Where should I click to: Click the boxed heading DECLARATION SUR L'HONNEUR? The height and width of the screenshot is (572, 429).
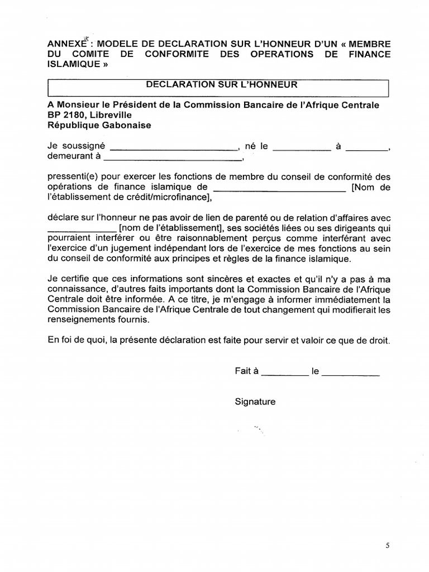coord(222,85)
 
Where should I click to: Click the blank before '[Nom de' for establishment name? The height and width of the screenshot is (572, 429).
coord(279,188)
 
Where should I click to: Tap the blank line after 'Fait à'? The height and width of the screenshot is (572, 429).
coord(285,372)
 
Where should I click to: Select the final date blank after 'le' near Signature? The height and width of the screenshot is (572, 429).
coord(351,372)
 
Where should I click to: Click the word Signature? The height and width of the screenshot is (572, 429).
coord(255,402)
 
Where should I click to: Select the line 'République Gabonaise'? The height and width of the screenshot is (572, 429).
coord(99,126)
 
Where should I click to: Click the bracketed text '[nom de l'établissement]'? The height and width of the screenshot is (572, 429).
coord(171,228)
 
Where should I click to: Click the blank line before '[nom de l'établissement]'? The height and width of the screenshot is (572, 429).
coord(82,229)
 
